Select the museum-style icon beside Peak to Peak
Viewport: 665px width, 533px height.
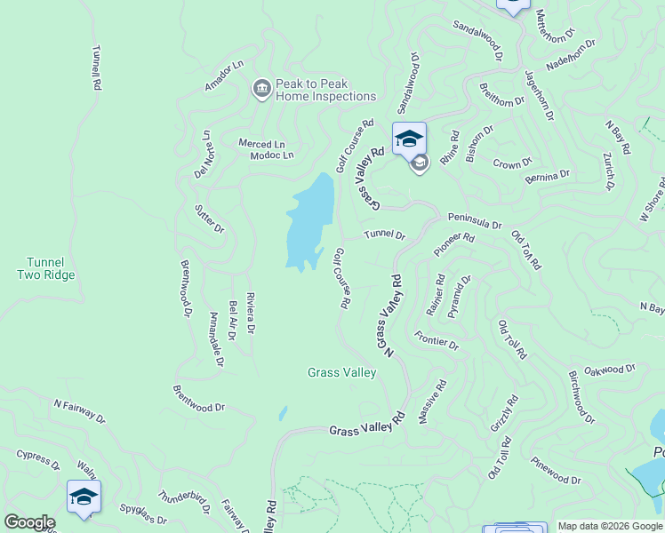click(x=262, y=89)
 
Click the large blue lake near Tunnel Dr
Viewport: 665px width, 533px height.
click(x=310, y=222)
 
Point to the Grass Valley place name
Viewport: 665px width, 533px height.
click(x=341, y=373)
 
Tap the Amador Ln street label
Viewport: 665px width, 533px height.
click(x=223, y=76)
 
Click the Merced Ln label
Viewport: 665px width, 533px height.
click(x=261, y=143)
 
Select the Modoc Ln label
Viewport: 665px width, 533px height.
click(x=271, y=155)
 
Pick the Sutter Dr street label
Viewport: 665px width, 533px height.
click(x=209, y=221)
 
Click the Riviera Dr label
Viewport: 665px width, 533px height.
click(x=251, y=312)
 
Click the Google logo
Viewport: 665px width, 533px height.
click(x=29, y=522)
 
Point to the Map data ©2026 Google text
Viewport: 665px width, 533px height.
click(x=610, y=526)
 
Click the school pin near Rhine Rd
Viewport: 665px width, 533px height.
click(x=409, y=140)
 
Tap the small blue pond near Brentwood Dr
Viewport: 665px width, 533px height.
click(x=283, y=413)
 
